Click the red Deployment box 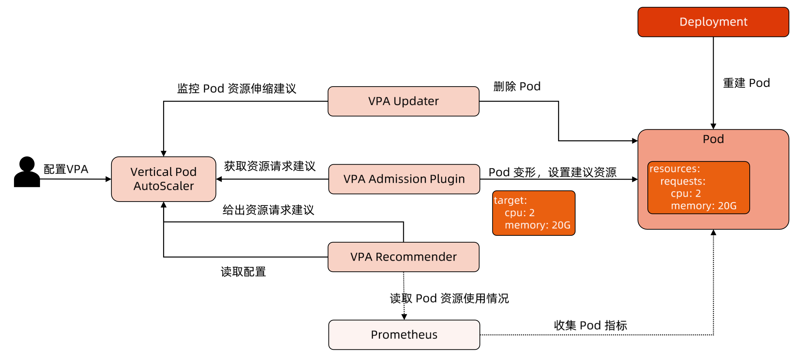[x=713, y=22]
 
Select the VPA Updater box [x=403, y=101]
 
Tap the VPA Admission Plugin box [x=404, y=179]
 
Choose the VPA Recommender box [x=403, y=257]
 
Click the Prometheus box [x=404, y=335]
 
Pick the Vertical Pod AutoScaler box [x=163, y=179]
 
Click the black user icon [x=27, y=172]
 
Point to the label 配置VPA [x=66, y=169]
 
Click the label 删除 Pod [x=517, y=86]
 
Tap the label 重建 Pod [x=746, y=83]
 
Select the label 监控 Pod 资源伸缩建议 [x=236, y=89]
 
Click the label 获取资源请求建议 [x=269, y=166]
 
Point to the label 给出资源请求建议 [x=268, y=210]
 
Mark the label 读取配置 [x=243, y=272]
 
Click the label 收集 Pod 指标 [x=590, y=325]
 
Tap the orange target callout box [x=534, y=213]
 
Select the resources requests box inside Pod [x=698, y=188]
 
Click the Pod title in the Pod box [x=713, y=139]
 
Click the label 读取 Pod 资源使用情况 [x=449, y=298]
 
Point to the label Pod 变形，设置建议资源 [x=552, y=172]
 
